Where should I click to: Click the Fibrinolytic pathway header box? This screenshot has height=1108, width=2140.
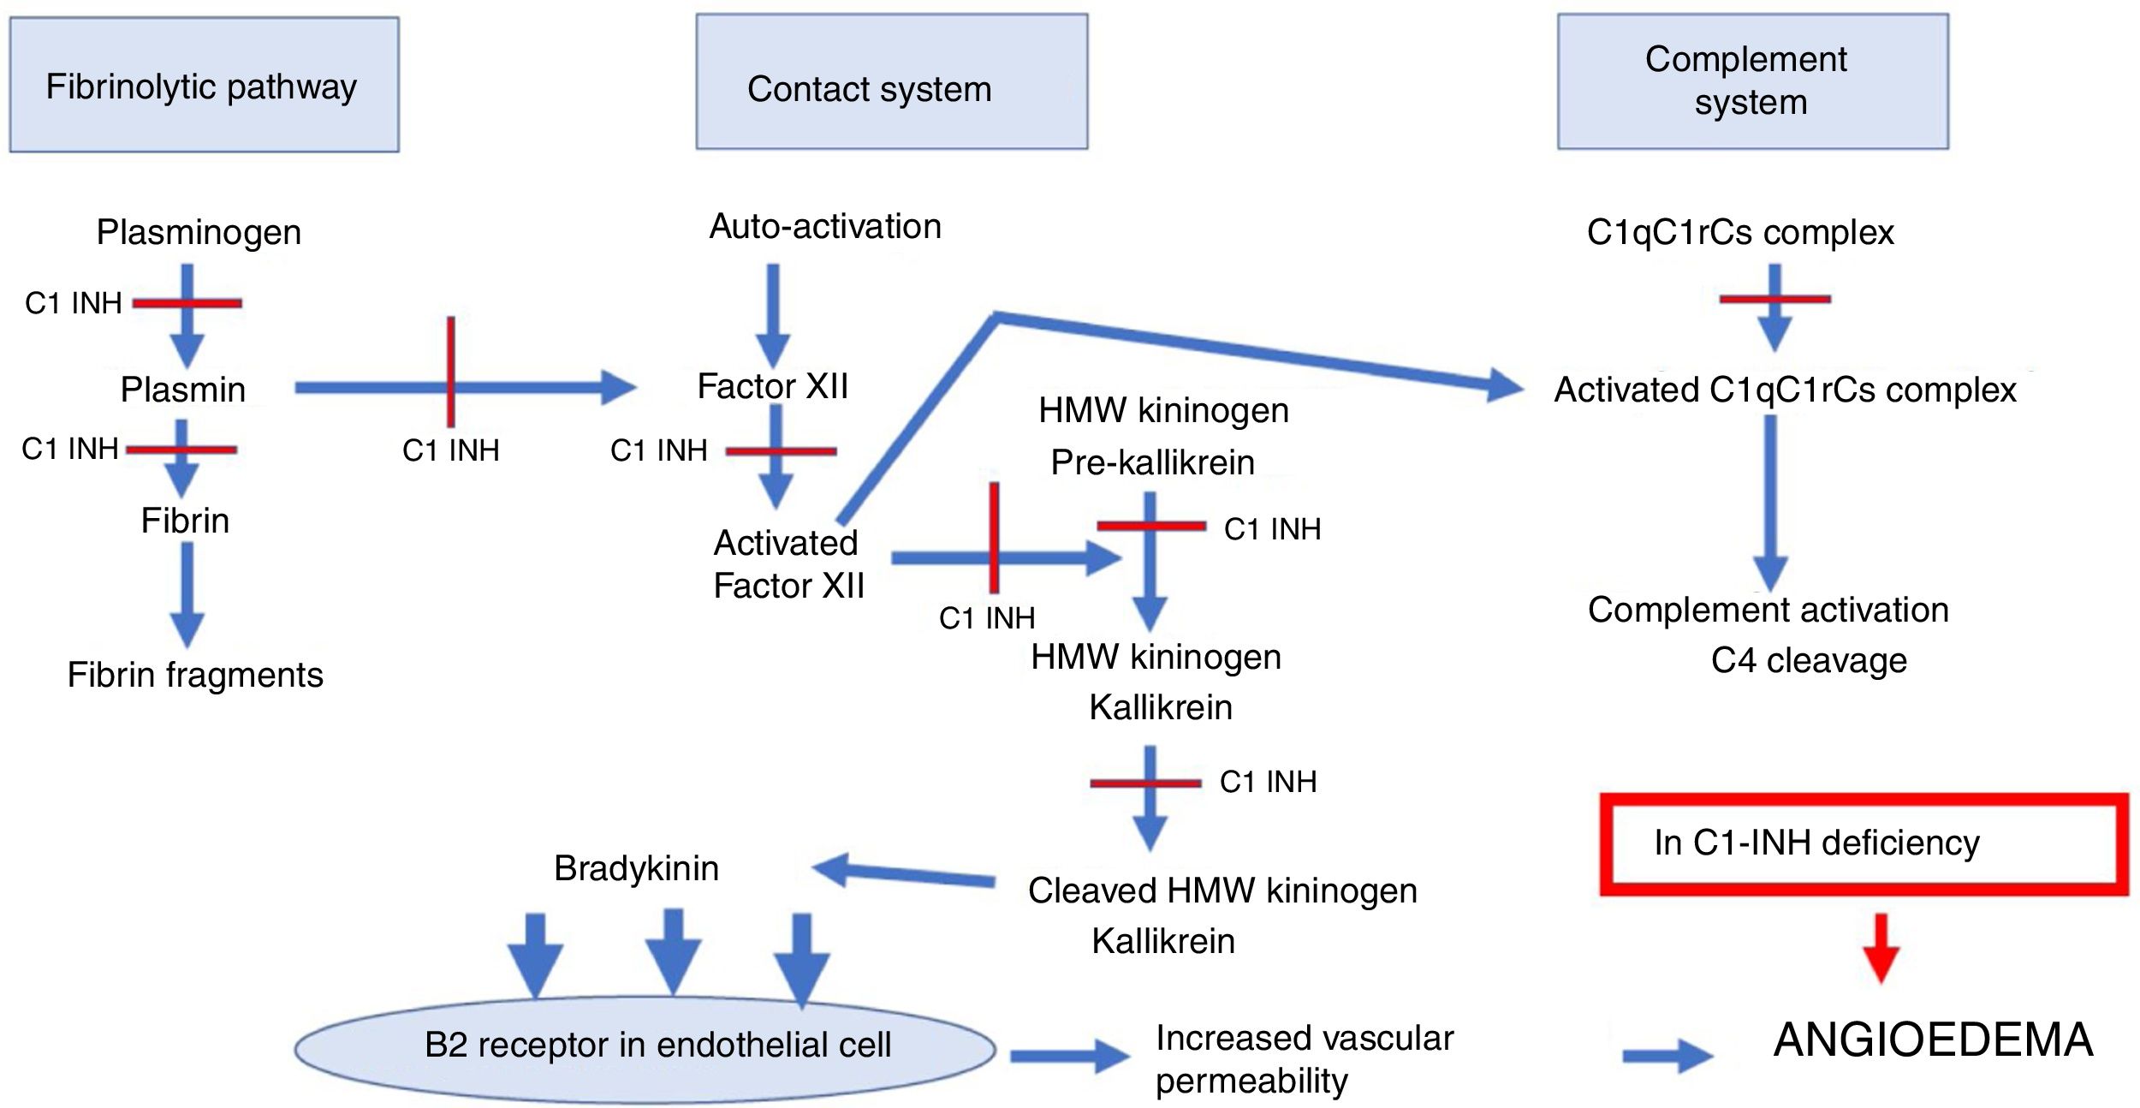click(x=204, y=85)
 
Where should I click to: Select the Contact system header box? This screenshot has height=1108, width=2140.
click(x=891, y=82)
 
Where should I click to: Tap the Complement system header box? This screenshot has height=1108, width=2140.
click(x=1752, y=81)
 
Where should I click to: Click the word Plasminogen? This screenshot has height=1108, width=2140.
click(x=199, y=233)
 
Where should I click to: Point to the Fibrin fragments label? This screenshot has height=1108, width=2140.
click(x=195, y=676)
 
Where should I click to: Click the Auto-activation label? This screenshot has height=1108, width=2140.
click(x=825, y=227)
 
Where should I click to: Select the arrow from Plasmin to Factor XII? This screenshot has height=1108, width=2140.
click(x=531, y=388)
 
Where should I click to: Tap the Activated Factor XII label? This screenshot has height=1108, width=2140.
click(x=788, y=564)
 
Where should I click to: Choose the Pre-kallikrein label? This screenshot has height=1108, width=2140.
click(x=1152, y=462)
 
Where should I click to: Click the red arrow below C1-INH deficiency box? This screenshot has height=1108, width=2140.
click(x=1881, y=948)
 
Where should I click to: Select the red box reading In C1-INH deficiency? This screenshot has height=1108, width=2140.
click(x=1864, y=844)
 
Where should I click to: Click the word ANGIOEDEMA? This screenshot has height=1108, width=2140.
click(x=1933, y=1040)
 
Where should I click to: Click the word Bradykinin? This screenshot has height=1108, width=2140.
click(x=636, y=868)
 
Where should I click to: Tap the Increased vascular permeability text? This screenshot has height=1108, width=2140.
click(x=1303, y=1059)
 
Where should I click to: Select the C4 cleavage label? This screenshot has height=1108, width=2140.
click(x=1808, y=661)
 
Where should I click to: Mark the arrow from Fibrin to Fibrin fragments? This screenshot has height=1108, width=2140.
click(x=187, y=595)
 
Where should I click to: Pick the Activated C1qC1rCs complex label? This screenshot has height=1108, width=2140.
click(x=1785, y=390)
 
